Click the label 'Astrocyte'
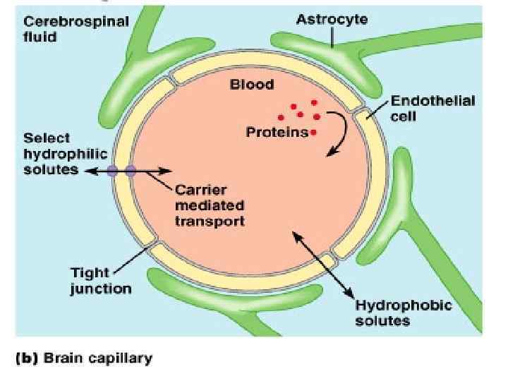[x=332, y=20]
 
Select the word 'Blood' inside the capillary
[x=252, y=85]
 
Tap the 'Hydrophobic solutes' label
[x=404, y=313]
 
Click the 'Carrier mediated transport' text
[x=210, y=205]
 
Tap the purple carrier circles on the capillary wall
[x=122, y=171]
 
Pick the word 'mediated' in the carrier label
[x=210, y=205]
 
